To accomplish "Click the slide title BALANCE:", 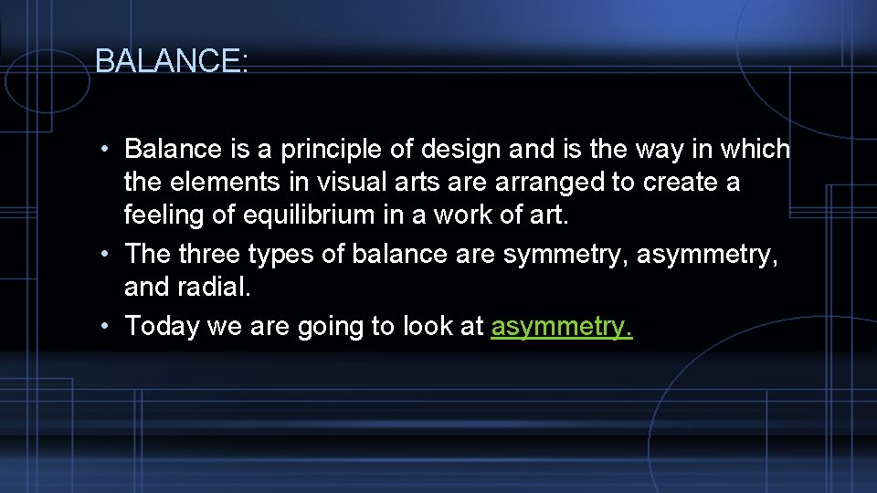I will (171, 61).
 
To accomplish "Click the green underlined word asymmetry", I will (561, 326).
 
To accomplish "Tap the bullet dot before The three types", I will (107, 253).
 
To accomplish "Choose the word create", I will (680, 183).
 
